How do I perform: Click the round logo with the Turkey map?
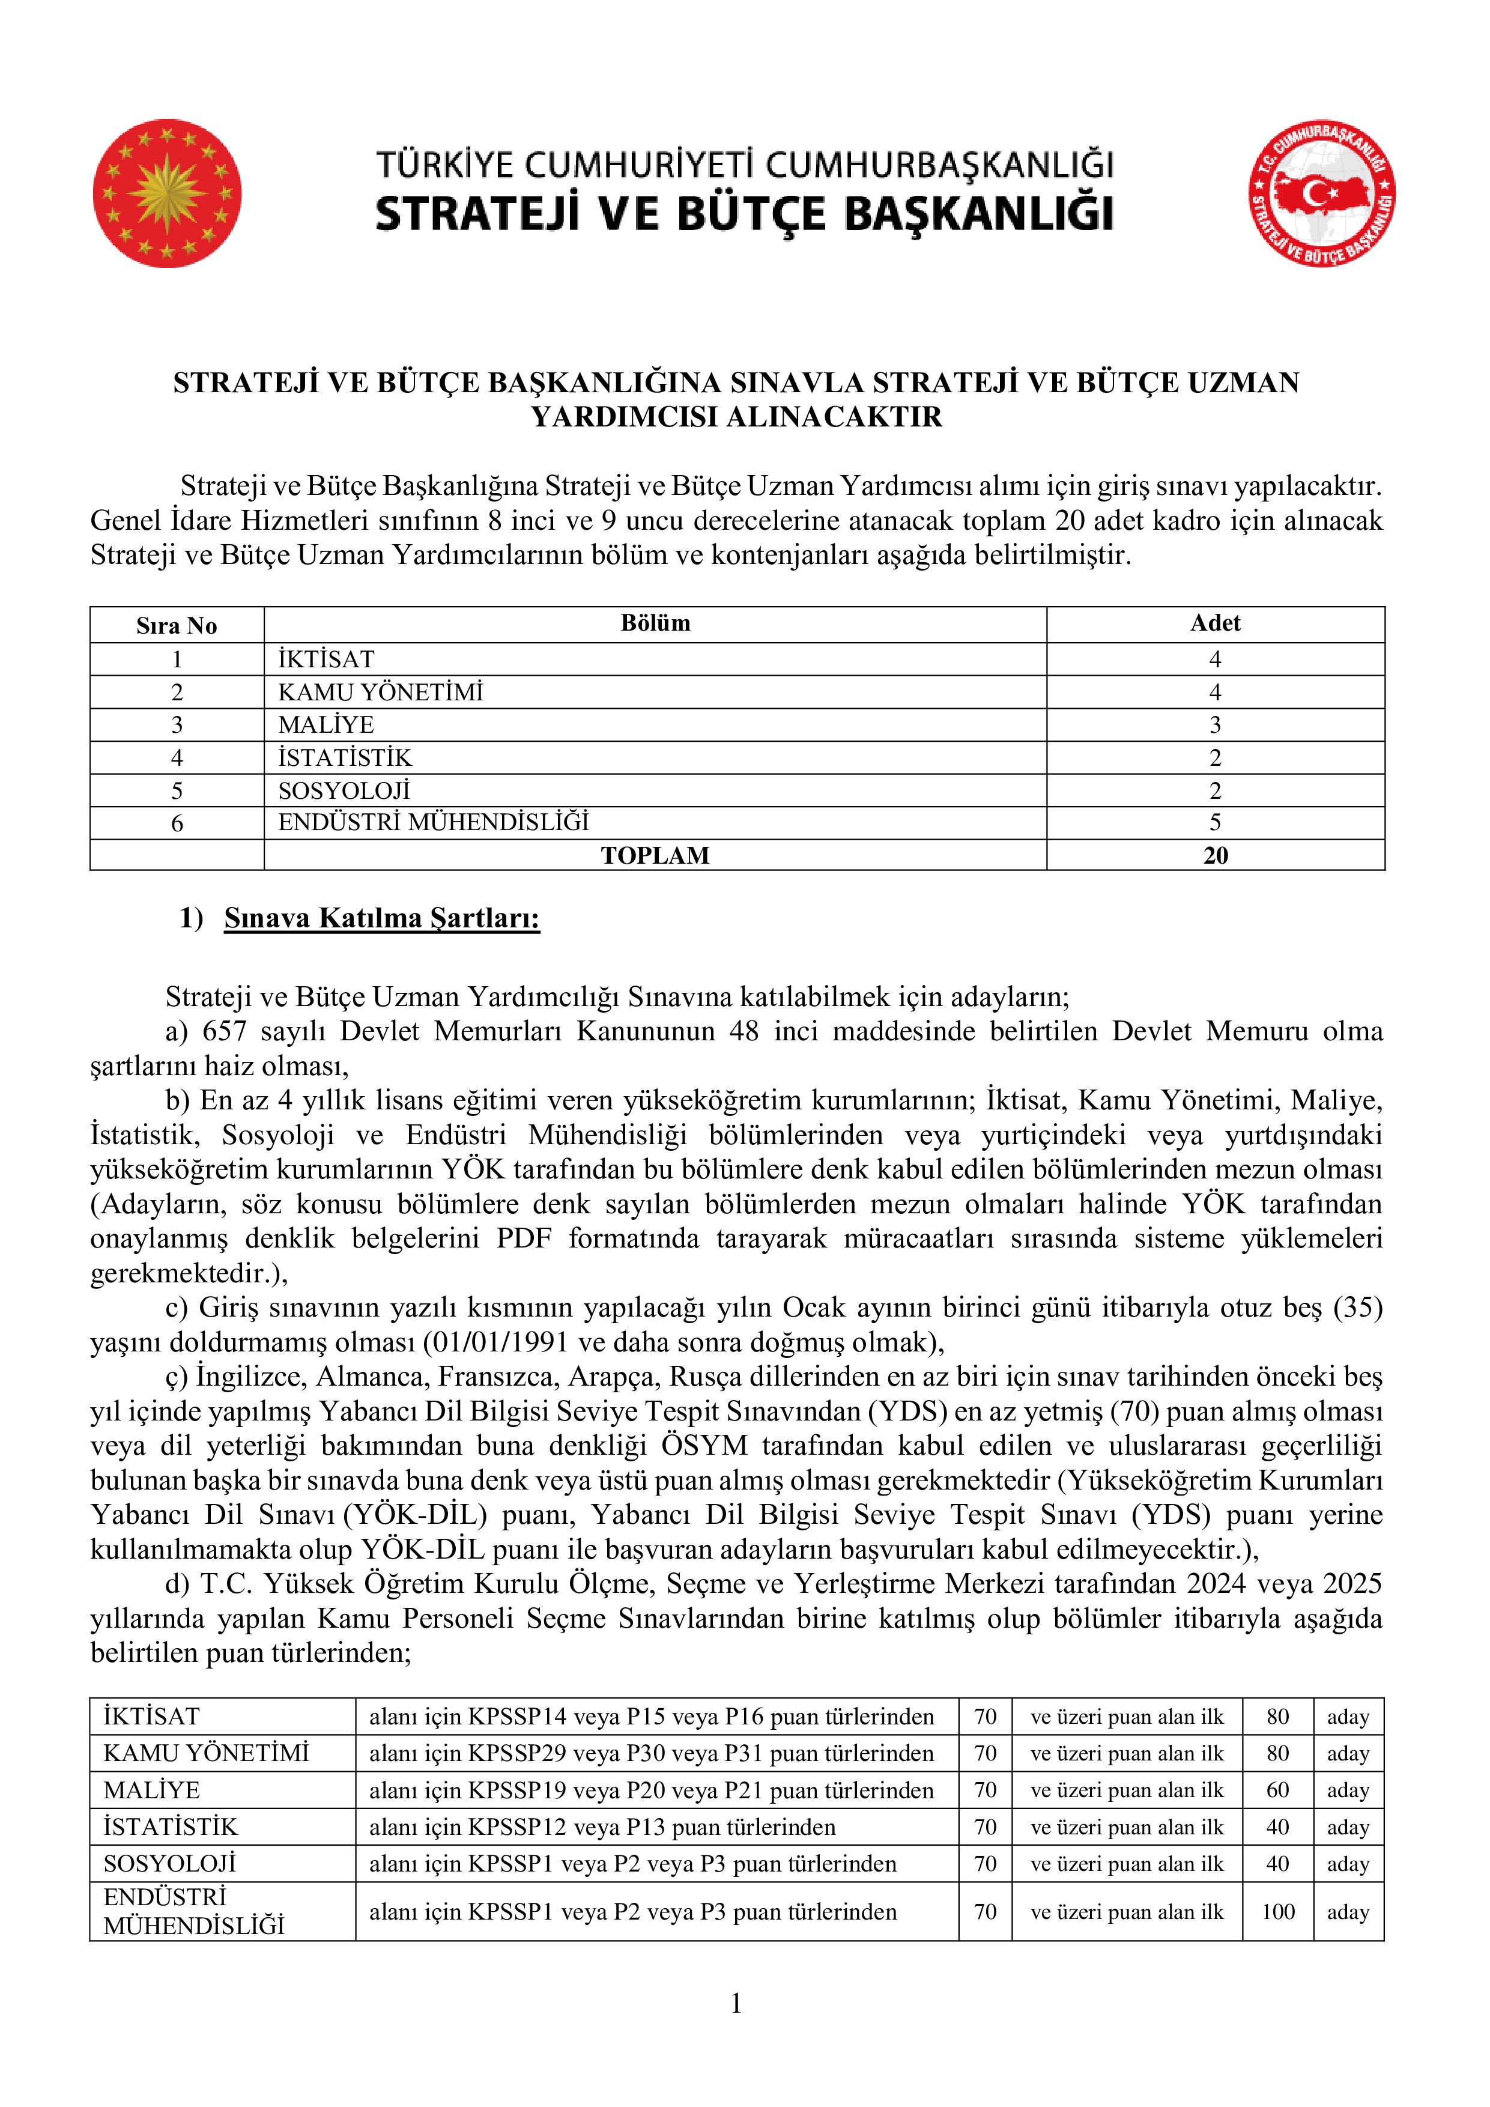pos(1321,193)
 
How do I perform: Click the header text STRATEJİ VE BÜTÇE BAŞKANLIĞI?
pos(744,214)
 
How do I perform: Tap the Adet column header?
pos(1215,623)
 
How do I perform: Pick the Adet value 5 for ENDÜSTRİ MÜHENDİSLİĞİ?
pos(1215,822)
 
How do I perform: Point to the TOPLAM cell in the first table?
pos(655,855)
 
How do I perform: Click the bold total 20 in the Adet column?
pos(1215,855)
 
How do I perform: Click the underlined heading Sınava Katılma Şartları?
pos(382,918)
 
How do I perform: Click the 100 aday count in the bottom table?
pos(1278,1912)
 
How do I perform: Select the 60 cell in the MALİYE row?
pos(1278,1790)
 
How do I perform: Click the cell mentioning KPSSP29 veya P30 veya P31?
pos(652,1754)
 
